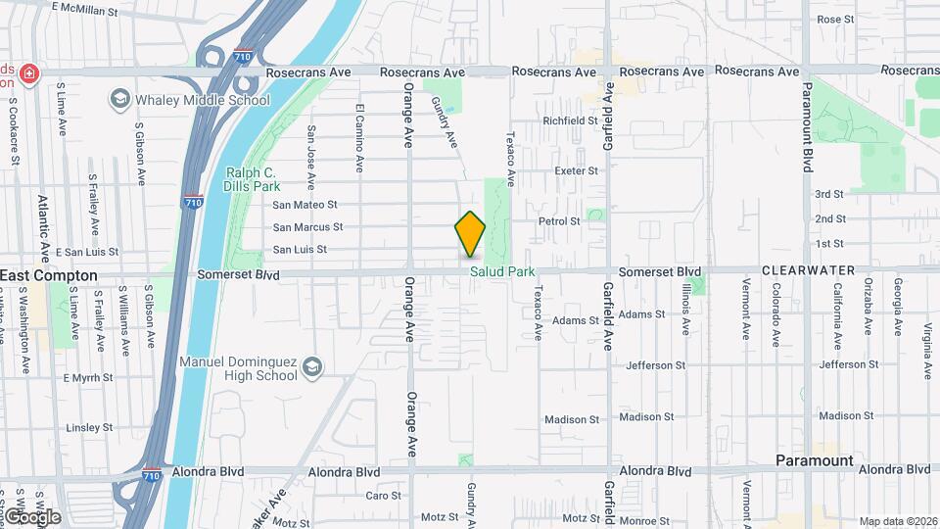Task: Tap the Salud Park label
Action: (502, 271)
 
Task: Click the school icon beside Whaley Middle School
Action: (120, 99)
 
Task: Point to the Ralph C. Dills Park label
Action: (254, 178)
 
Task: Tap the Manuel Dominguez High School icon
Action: (312, 366)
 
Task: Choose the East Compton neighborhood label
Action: (49, 276)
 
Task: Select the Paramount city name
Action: (815, 460)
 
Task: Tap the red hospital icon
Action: (29, 73)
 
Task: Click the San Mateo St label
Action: (305, 205)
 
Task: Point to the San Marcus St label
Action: (307, 227)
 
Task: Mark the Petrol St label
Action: (559, 221)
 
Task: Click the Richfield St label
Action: (571, 120)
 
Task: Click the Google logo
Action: (32, 515)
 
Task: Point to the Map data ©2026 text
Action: (897, 521)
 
